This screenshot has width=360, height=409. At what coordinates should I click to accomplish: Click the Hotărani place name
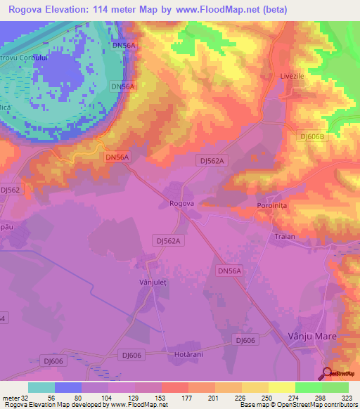188,354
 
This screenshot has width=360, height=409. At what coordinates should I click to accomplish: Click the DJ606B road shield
313,137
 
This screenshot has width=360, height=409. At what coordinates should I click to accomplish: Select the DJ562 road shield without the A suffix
11,190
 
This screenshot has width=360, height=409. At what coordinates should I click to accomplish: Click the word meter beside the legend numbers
8,397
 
